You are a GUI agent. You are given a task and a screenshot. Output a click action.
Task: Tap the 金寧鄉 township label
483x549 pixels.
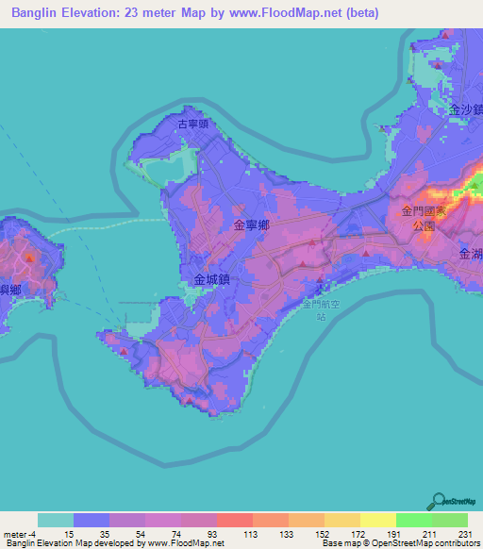[x=252, y=225]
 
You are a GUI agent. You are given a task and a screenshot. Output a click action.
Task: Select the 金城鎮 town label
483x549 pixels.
[x=212, y=279]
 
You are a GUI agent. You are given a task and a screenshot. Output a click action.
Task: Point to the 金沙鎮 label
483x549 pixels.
[x=466, y=110]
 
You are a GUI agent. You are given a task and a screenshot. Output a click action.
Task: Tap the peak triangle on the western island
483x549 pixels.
[x=30, y=256]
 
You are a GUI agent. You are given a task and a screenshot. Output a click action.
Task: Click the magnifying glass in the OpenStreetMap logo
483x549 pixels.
[x=438, y=501]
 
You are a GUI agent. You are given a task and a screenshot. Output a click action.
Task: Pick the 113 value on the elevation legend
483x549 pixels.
[x=249, y=533]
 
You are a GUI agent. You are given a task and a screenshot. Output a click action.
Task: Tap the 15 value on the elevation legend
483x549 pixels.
[x=69, y=533]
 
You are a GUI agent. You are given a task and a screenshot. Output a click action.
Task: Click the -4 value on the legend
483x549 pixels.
[x=34, y=533]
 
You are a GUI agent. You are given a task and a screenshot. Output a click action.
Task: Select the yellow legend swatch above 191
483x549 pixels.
[x=377, y=520]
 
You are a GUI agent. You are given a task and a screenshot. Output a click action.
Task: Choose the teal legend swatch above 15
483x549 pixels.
[x=56, y=520]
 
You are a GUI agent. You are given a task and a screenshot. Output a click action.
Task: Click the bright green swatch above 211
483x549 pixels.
[x=413, y=520]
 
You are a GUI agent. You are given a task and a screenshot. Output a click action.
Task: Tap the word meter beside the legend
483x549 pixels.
[x=15, y=533]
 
